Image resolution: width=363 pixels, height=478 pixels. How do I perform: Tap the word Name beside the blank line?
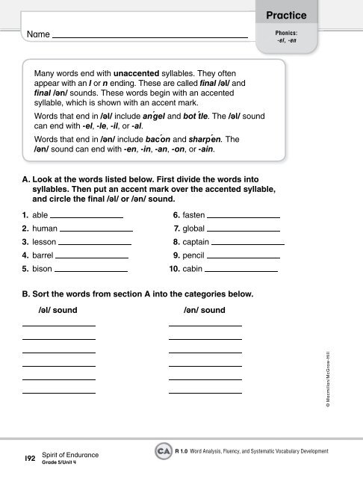coord(37,35)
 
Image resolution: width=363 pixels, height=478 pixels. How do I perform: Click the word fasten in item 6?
coord(198,214)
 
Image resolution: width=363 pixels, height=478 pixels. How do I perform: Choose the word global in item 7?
coord(198,228)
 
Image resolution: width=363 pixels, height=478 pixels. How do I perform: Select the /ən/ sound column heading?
coord(204,309)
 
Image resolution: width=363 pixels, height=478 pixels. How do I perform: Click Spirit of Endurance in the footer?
coord(73,454)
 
